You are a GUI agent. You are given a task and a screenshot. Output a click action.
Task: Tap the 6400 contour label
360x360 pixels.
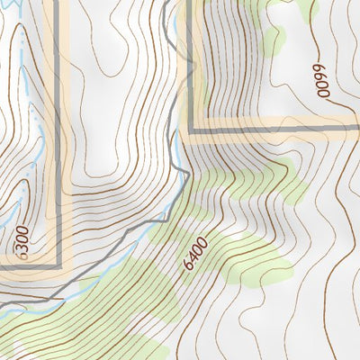click(194, 255)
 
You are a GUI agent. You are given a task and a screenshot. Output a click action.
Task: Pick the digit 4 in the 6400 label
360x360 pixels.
click(192, 258)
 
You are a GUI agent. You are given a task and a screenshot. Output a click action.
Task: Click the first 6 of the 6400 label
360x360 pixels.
click(185, 267)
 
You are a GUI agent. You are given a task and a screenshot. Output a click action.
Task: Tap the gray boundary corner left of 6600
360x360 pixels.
click(188, 130)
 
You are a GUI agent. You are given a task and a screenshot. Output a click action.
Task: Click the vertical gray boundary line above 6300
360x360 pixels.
click(60, 135)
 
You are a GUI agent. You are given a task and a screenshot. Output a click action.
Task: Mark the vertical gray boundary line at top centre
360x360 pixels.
click(188, 54)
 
